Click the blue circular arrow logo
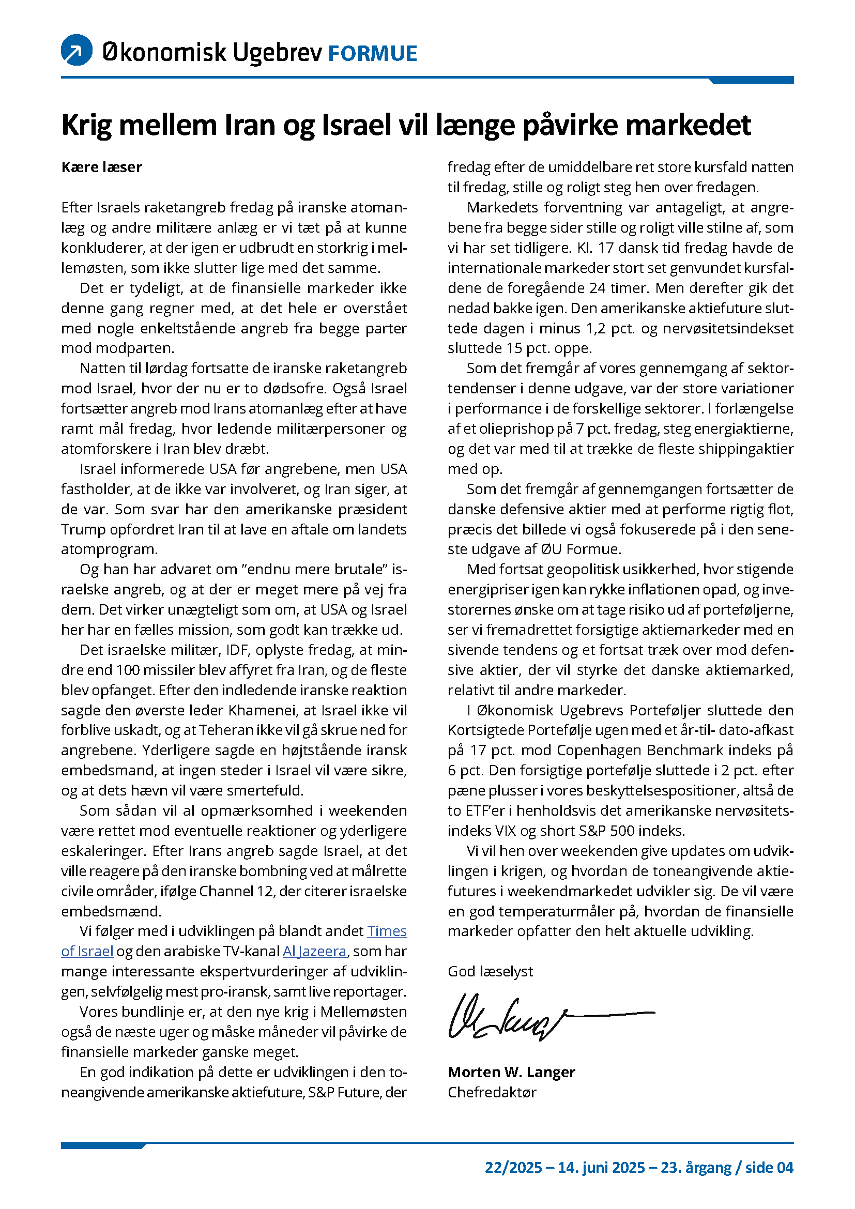77,50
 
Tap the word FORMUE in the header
372,54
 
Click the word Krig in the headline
86,125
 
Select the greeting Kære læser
102,167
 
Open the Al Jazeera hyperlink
314,951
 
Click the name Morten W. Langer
511,1072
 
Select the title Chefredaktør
492,1092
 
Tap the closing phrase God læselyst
490,971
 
